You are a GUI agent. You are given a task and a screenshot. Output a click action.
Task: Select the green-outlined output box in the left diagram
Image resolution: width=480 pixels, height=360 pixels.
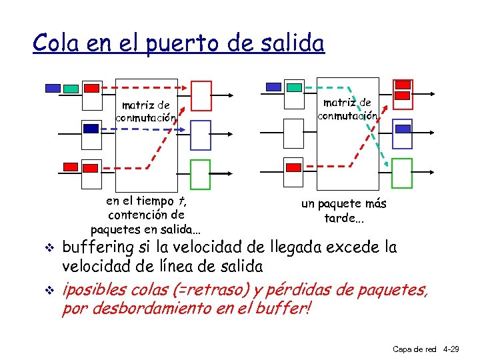pyautogui.click(x=201, y=174)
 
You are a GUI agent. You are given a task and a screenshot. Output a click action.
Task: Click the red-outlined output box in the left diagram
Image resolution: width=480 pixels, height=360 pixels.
pyautogui.click(x=201, y=95)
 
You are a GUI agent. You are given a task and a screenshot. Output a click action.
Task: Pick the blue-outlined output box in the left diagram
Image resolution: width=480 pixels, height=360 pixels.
pyautogui.click(x=201, y=135)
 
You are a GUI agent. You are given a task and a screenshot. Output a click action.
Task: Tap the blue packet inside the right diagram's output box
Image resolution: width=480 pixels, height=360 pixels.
pyautogui.click(x=401, y=129)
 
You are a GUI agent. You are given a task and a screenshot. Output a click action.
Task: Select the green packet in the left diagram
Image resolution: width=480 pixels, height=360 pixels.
pyautogui.click(x=71, y=89)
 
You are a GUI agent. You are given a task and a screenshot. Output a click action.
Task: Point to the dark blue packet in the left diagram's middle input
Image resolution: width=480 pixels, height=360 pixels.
pyautogui.click(x=90, y=129)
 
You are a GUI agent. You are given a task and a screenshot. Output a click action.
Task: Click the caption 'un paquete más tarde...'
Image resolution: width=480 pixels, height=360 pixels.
pyautogui.click(x=343, y=211)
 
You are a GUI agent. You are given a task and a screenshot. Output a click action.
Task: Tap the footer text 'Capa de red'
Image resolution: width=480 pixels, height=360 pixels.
pyautogui.click(x=414, y=349)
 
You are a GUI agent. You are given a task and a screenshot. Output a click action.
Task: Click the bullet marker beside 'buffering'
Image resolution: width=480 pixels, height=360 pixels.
pyautogui.click(x=47, y=249)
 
